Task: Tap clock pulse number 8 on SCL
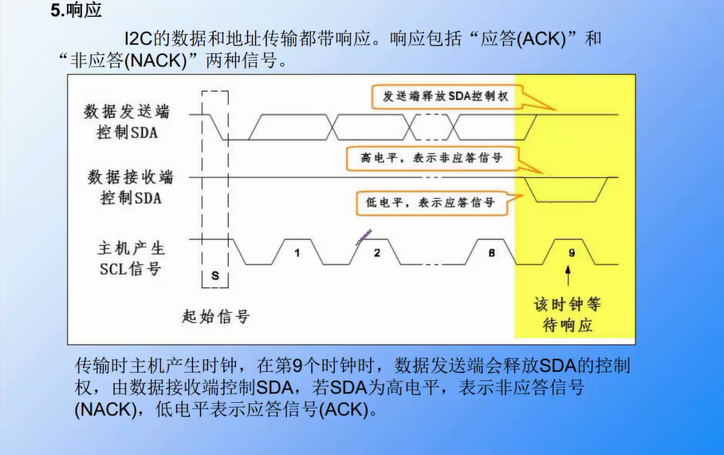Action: coord(491,253)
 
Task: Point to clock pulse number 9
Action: coord(571,253)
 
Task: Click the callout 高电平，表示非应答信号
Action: coord(431,158)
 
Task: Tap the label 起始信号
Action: coord(216,316)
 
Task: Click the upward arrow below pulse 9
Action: coord(568,277)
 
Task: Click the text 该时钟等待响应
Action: coord(567,315)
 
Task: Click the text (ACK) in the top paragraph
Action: coord(539,38)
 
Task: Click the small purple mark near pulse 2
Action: coord(363,235)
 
